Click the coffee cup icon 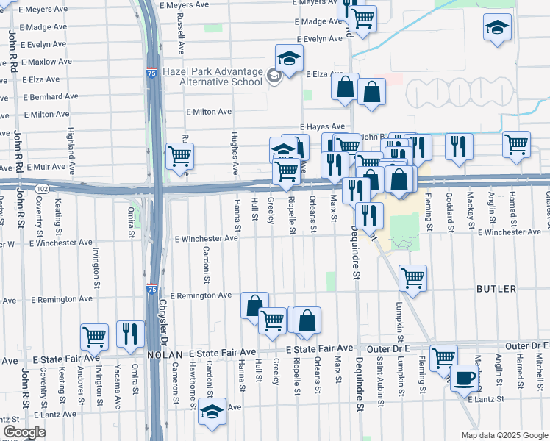[463, 377]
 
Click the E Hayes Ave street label [321, 126]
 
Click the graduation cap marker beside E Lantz [213, 412]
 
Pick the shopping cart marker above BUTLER [413, 278]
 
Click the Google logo [24, 431]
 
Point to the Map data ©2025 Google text [504, 435]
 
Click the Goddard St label [449, 212]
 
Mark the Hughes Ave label [235, 154]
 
